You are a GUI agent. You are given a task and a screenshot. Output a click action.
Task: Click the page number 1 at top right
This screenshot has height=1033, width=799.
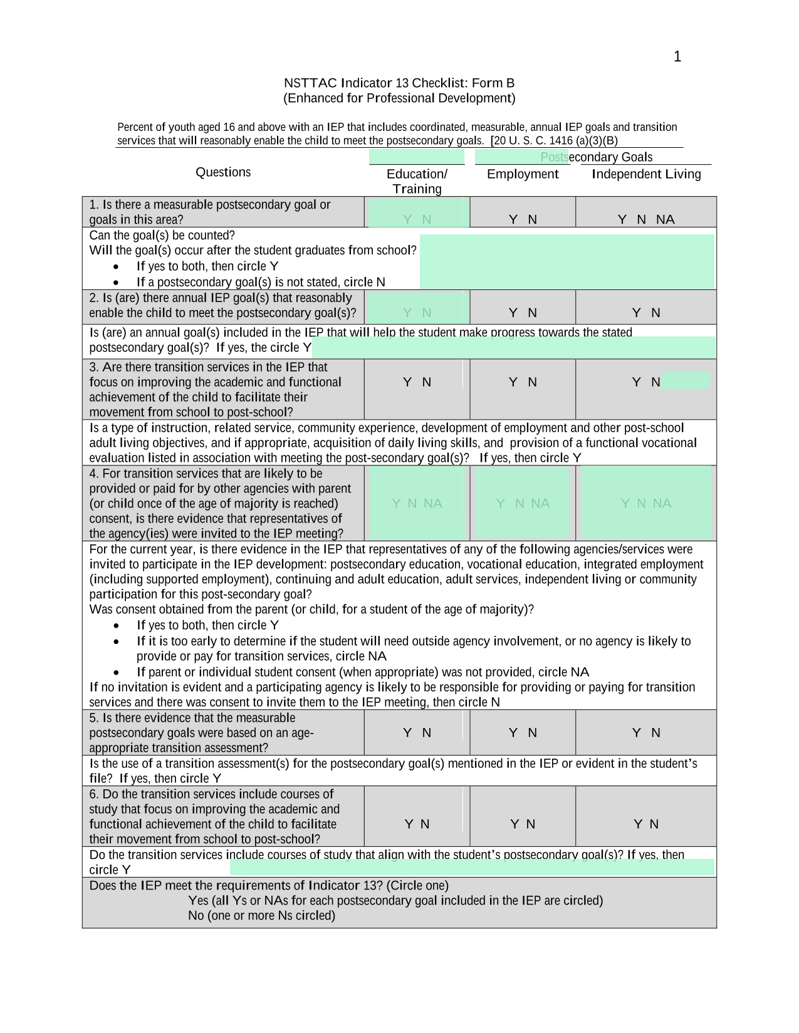click(x=677, y=57)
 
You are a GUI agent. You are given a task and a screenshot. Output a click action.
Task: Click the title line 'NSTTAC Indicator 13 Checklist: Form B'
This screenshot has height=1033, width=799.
click(x=399, y=83)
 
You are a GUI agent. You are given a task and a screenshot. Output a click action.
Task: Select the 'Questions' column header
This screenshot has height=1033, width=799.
click(x=223, y=172)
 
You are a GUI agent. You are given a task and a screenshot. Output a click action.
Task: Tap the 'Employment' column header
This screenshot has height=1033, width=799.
click(x=523, y=174)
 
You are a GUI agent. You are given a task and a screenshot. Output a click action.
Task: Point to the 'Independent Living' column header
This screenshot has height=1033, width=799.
click(x=646, y=174)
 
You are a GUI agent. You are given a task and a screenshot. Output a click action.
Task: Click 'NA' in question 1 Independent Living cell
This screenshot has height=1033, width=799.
click(x=666, y=219)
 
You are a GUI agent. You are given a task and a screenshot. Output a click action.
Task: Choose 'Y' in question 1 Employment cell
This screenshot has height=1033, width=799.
click(x=513, y=219)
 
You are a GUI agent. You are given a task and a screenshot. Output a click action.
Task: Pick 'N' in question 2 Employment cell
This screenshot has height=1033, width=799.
click(x=532, y=313)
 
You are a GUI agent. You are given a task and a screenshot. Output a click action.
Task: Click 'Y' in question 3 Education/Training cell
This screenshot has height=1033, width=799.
click(x=407, y=382)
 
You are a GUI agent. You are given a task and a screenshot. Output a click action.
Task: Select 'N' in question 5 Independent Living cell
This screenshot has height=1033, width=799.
click(x=655, y=733)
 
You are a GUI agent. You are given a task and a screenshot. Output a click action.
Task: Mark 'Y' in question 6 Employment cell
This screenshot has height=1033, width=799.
click(x=514, y=824)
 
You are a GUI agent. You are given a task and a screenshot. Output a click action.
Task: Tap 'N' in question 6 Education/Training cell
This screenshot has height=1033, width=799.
click(x=426, y=824)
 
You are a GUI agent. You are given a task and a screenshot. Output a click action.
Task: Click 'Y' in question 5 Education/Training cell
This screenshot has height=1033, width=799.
click(x=407, y=733)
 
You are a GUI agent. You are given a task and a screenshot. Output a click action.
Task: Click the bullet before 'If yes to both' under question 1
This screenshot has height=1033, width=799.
click(x=117, y=266)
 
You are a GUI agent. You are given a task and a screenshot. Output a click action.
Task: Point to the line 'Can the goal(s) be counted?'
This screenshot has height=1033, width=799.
click(x=162, y=236)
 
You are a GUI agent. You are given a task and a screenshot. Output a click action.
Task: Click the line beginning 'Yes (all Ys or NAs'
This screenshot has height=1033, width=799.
click(x=395, y=901)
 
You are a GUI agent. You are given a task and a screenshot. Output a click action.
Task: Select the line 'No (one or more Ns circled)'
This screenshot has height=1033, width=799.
click(x=261, y=916)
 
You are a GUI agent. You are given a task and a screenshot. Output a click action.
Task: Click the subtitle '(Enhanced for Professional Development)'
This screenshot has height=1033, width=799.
click(x=399, y=98)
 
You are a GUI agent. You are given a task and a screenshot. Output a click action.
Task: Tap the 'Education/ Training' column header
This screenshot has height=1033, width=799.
click(x=417, y=182)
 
